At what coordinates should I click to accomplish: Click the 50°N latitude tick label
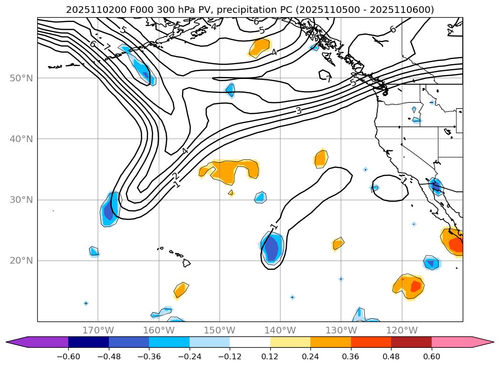click(x=21, y=78)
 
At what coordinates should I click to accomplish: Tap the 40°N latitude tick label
click(x=21, y=139)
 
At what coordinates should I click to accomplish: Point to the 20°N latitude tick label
click(x=21, y=261)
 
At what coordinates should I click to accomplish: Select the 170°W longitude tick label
click(x=98, y=331)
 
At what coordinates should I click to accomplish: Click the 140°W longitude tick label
click(x=280, y=331)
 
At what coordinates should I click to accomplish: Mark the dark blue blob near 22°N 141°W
click(x=272, y=248)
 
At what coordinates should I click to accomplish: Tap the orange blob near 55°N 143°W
click(x=260, y=47)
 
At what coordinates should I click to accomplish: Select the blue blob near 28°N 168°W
click(x=110, y=210)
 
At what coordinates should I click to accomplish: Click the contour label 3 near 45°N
click(x=298, y=111)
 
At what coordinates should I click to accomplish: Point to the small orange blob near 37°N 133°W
click(x=321, y=158)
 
